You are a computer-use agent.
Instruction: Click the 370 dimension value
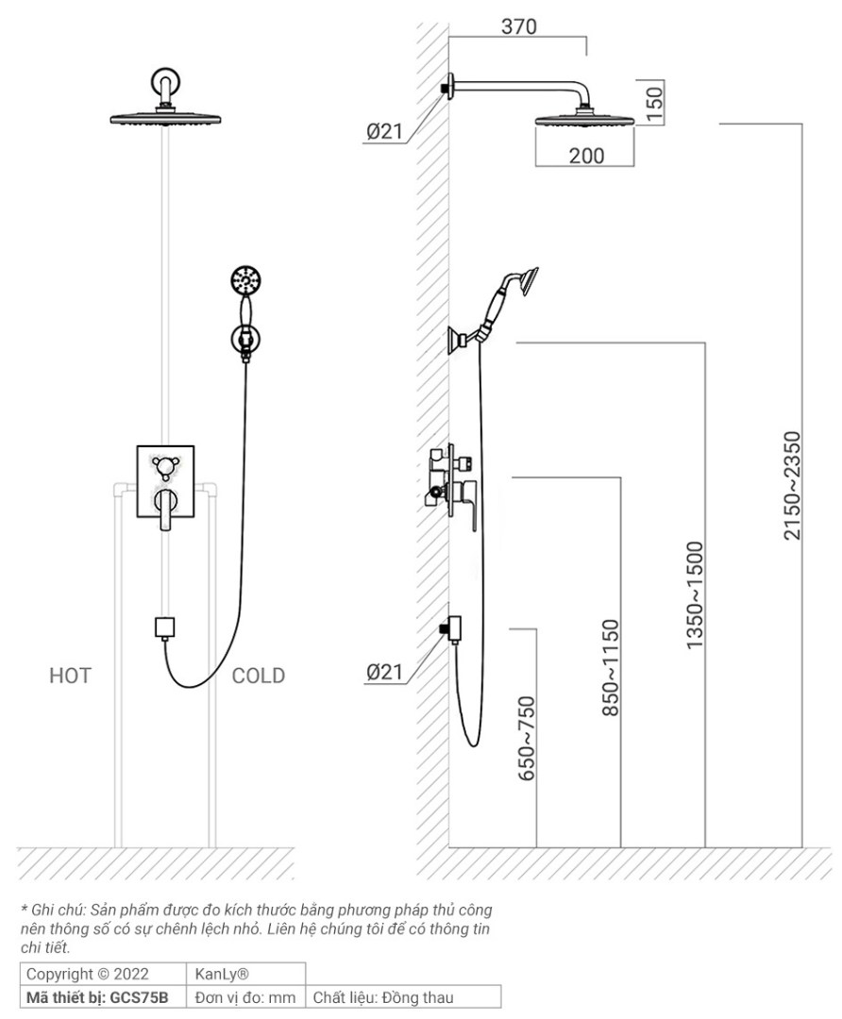click(x=518, y=26)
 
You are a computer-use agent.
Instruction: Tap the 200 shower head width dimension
click(x=586, y=156)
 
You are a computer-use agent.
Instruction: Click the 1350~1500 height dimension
click(x=695, y=594)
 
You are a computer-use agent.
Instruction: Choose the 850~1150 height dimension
click(x=611, y=667)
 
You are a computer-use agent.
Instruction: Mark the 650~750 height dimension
click(x=526, y=738)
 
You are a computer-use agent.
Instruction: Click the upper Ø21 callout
click(x=384, y=132)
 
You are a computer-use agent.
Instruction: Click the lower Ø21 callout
click(x=384, y=672)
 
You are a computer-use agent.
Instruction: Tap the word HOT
click(x=70, y=676)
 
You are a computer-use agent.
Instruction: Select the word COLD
click(x=259, y=676)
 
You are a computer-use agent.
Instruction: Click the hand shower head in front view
click(x=245, y=280)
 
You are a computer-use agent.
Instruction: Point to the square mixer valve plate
click(x=165, y=481)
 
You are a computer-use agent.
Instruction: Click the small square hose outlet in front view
click(x=165, y=626)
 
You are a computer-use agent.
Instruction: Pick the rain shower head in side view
click(x=585, y=120)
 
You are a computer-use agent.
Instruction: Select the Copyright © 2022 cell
click(x=87, y=973)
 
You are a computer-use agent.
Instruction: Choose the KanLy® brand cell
click(x=222, y=973)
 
